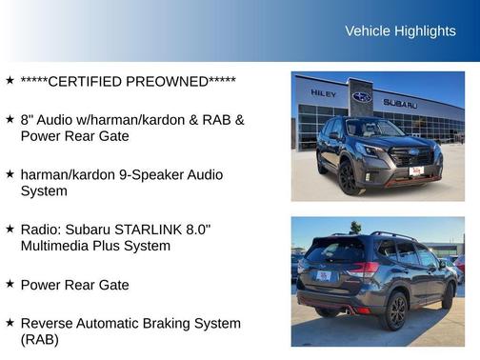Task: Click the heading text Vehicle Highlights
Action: pos(400,31)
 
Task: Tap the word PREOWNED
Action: pos(174,81)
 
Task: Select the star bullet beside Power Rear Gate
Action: pos(10,284)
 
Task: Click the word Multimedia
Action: pos(60,246)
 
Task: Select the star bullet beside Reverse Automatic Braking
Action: pos(10,323)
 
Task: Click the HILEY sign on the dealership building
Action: pos(323,92)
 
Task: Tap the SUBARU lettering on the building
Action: pos(400,102)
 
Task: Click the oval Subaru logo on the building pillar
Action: pos(362,97)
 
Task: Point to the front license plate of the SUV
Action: pos(415,170)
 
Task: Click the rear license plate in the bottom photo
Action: pos(324,276)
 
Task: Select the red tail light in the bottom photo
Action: pos(362,270)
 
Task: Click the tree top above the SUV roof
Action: pos(355,227)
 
